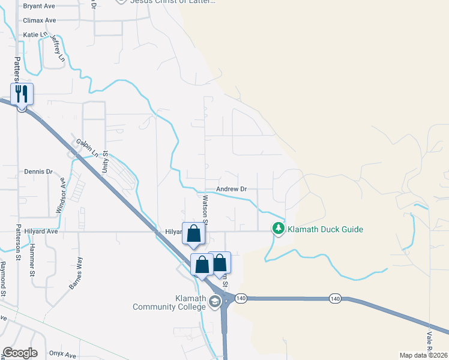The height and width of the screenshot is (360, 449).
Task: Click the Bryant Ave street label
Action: point(38,6)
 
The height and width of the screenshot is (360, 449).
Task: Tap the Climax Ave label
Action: point(39,20)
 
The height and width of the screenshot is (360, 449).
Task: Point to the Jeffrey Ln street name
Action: point(57,48)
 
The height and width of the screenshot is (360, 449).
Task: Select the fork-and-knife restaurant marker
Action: point(22,94)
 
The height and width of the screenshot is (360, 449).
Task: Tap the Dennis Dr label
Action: point(38,172)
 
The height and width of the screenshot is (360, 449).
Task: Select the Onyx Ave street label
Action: point(62,354)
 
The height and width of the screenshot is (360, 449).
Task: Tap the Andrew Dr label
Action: point(231,189)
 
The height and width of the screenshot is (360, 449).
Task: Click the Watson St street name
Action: point(205,208)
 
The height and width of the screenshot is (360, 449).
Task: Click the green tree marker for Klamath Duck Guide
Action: point(278,229)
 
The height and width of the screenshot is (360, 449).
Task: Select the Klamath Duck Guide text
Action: point(325,229)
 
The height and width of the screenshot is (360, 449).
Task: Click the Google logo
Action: point(20,353)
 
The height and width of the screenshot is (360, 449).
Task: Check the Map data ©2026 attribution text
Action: point(423,355)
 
